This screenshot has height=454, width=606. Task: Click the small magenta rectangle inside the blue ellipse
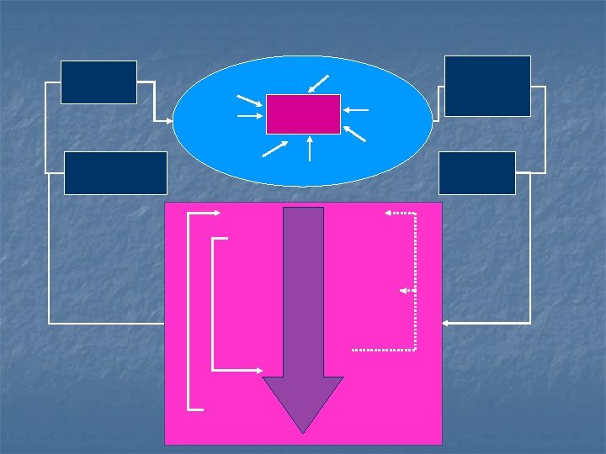click(303, 114)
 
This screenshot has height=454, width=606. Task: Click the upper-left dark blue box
click(98, 82)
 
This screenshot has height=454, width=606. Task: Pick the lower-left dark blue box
click(115, 173)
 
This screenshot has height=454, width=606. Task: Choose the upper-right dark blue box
click(487, 86)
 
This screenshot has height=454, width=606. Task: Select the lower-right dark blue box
click(476, 173)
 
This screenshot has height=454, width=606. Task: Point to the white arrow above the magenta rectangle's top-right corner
click(319, 83)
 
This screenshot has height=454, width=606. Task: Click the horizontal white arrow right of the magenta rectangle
click(356, 110)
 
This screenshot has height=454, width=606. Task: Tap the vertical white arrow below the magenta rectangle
click(311, 148)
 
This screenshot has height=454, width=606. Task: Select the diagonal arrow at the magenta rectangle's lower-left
click(275, 149)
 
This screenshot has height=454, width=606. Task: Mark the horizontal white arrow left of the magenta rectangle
click(250, 116)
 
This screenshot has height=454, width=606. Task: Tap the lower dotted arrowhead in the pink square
click(403, 290)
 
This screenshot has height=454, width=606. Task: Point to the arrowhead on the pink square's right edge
click(446, 322)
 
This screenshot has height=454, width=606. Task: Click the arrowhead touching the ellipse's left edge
click(171, 122)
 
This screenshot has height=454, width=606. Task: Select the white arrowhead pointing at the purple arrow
click(258, 369)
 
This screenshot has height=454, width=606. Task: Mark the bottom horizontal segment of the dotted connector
click(383, 349)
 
